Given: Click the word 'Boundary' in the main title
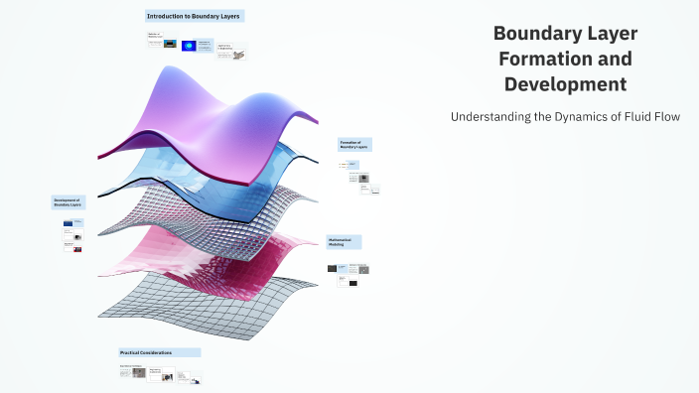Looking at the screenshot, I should pos(534,34).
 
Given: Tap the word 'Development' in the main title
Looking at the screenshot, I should pos(565,84).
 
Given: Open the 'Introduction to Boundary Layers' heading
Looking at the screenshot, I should pos(193,17).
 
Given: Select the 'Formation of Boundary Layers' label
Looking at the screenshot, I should pos(354,145).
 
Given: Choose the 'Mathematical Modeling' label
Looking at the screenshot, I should pos(344,241).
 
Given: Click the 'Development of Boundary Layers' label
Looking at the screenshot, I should pos(69,201).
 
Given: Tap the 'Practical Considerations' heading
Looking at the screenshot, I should pos(159,352).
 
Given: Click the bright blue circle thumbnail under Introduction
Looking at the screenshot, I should pos(188,45).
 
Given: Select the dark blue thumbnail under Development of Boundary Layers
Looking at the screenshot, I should pos(69,224).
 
